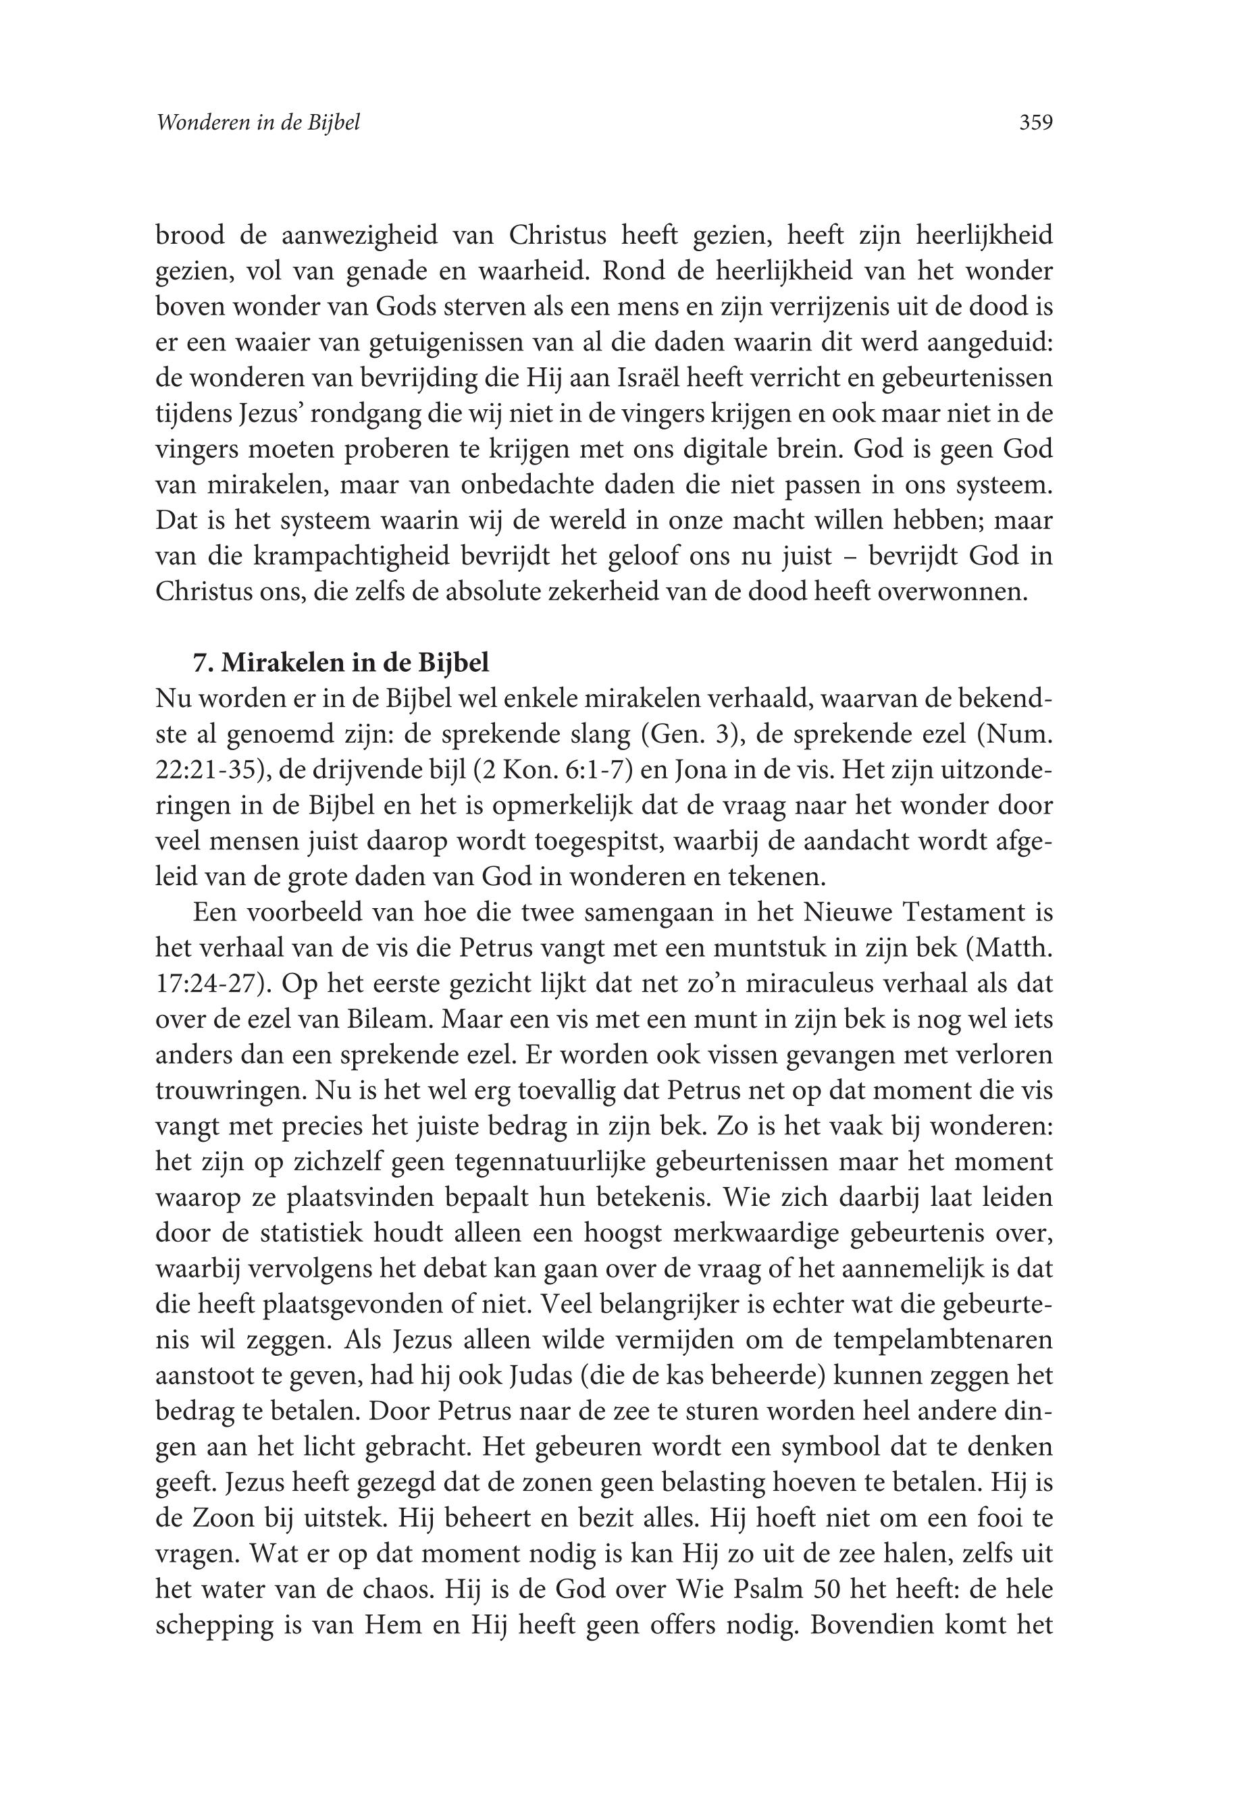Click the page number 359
click(1036, 122)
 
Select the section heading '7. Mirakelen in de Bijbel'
click(341, 662)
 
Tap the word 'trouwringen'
click(228, 1090)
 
